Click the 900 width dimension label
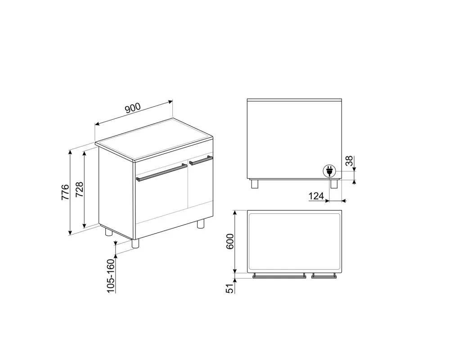[133, 108]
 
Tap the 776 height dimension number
[65, 192]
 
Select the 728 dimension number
[79, 189]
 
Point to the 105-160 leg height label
[111, 275]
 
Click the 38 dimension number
[349, 161]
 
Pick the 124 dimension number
[316, 196]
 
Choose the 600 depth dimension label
[230, 242]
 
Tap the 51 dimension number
[230, 288]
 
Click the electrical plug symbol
[329, 171]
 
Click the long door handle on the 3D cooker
[162, 172]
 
